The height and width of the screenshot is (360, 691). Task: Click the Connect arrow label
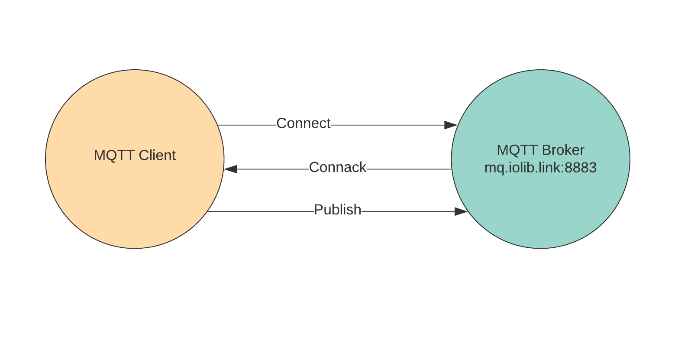click(x=303, y=123)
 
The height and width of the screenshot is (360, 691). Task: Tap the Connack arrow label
click(x=337, y=167)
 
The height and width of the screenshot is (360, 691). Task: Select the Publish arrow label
click(x=337, y=210)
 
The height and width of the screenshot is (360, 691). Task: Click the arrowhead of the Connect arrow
click(x=451, y=125)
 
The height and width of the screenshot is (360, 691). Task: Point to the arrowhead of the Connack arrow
click(x=231, y=169)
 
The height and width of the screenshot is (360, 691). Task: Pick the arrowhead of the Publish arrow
click(x=461, y=211)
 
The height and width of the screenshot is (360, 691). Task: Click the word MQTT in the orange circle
click(x=114, y=155)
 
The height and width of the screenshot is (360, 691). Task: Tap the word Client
click(x=157, y=155)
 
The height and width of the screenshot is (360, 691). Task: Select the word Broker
click(x=563, y=150)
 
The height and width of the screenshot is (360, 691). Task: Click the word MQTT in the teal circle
click(x=517, y=150)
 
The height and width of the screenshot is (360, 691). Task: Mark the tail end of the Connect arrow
click(x=218, y=125)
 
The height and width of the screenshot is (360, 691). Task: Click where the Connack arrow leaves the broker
click(x=452, y=169)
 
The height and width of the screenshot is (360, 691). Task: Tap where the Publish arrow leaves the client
click(x=207, y=211)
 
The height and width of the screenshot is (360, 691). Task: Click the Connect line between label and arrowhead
click(x=387, y=125)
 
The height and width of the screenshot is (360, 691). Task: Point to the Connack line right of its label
click(x=409, y=169)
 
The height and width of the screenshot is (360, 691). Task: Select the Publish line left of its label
click(x=261, y=211)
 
